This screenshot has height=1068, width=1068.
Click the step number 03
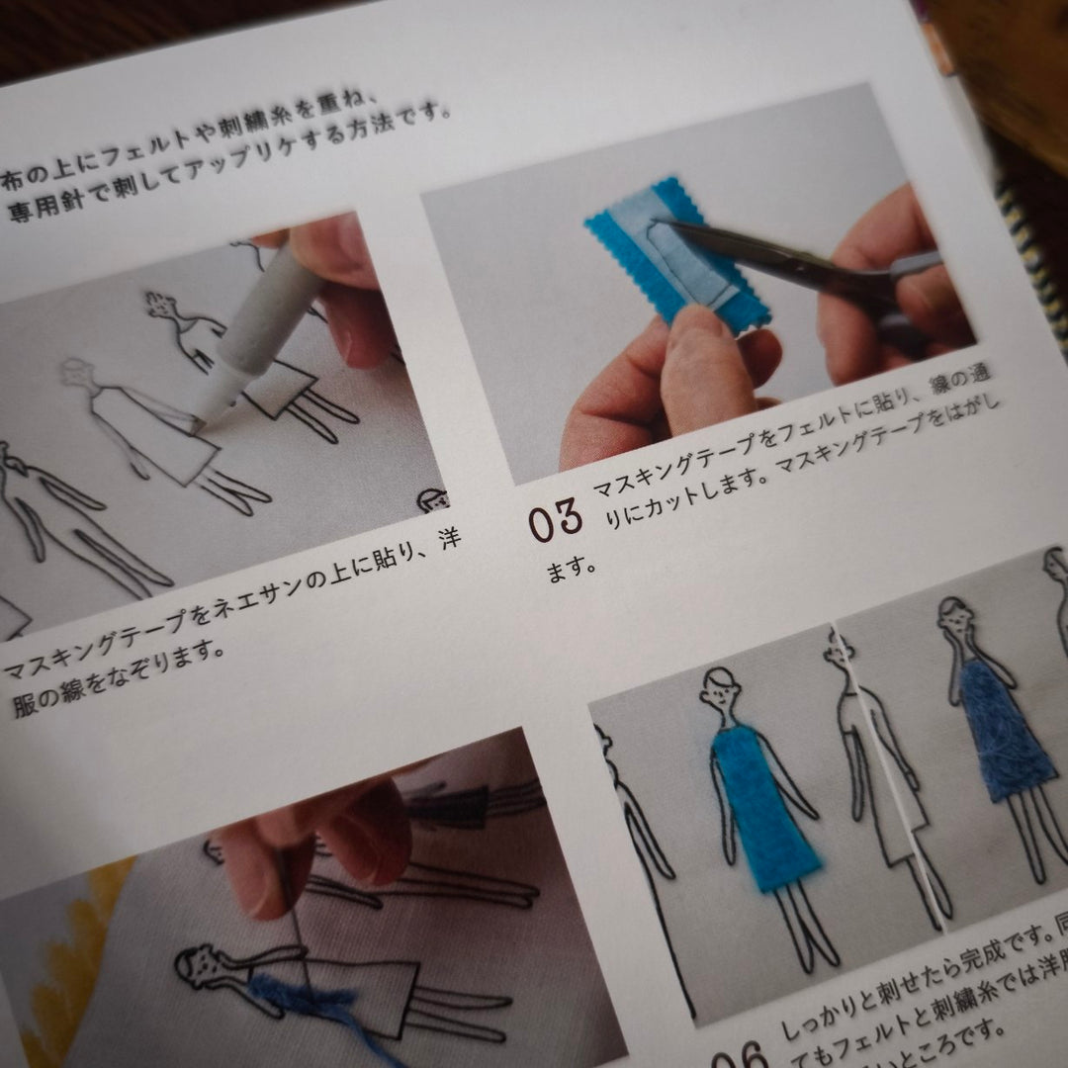555,520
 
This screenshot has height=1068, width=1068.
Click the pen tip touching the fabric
200,425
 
